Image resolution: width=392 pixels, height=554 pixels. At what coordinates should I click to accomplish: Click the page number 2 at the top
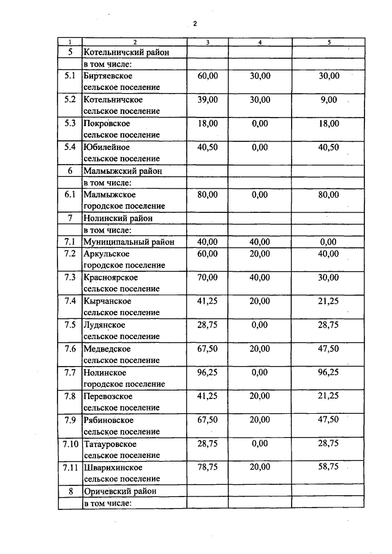[x=194, y=24]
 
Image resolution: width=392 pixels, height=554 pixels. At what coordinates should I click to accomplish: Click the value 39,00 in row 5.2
[x=208, y=100]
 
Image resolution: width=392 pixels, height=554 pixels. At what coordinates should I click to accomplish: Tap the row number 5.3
[x=70, y=123]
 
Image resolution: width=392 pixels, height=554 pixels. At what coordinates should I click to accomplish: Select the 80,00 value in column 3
[x=208, y=195]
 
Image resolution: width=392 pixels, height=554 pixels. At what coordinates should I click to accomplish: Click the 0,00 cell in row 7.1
[x=328, y=242]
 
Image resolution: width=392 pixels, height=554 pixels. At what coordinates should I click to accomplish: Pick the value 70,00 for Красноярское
[x=208, y=277]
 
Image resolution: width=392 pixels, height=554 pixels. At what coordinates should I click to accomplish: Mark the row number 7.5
[x=70, y=325]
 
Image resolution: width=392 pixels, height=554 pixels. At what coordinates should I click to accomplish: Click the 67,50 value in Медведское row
[x=208, y=349]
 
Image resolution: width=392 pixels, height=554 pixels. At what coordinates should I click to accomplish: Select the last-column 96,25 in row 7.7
[x=328, y=372]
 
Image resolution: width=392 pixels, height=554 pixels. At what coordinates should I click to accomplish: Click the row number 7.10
[x=70, y=444]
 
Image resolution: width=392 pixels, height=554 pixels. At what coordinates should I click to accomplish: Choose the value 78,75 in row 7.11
[x=208, y=467]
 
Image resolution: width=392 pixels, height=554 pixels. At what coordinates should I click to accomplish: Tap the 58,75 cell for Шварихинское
[x=328, y=467]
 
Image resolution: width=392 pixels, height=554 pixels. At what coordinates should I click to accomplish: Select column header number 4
[x=260, y=42]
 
